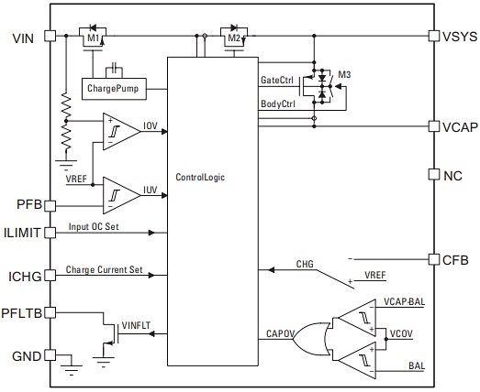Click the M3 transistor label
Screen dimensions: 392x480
345,74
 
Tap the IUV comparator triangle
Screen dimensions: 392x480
122,193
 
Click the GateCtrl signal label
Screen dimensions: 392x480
277,81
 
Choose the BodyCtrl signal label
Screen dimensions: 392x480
278,104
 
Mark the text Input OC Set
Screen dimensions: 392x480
93,227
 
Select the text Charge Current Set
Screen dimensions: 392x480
102,270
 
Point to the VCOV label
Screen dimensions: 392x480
401,334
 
